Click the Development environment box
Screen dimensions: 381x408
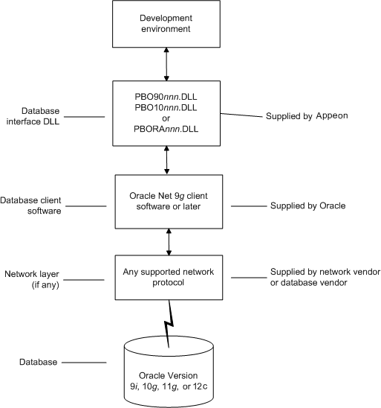(x=166, y=24)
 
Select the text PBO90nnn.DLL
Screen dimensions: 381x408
(x=166, y=97)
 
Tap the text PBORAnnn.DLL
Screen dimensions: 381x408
(x=166, y=129)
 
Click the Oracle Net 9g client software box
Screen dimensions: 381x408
(x=169, y=202)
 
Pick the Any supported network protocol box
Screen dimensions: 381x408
(x=169, y=278)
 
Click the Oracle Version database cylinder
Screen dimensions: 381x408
(x=169, y=372)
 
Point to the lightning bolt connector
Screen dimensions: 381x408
(x=169, y=324)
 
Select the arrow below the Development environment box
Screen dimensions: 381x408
(x=166, y=64)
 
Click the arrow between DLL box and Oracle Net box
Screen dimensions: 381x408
(x=167, y=160)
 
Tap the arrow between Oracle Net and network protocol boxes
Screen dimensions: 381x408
(x=169, y=242)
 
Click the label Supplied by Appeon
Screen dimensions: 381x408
(x=307, y=116)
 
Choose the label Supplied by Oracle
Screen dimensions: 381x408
(x=307, y=205)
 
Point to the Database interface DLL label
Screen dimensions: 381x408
(x=33, y=116)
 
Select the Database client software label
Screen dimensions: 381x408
(x=30, y=205)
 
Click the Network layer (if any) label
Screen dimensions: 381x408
(x=32, y=279)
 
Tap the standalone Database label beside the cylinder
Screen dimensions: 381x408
(x=38, y=362)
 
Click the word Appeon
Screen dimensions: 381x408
(x=332, y=116)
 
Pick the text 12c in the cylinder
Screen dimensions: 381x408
(x=201, y=386)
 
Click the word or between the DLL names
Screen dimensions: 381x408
(x=166, y=118)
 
